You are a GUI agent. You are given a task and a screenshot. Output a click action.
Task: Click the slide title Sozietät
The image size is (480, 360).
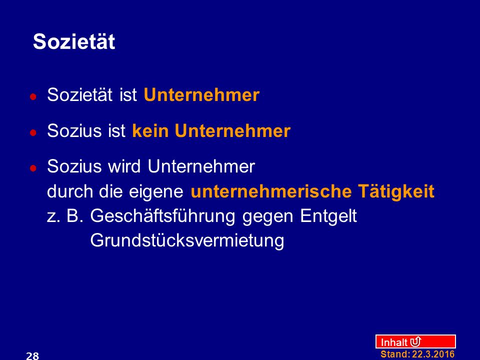pos(74,41)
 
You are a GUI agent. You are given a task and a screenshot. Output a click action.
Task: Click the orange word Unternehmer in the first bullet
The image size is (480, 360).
pos(201,95)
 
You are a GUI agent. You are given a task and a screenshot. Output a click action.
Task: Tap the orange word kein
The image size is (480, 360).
pos(150,130)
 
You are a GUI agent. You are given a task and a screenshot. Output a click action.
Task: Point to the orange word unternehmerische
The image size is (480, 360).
pos(270,191)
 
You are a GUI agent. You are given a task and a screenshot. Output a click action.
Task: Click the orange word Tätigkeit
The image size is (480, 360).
pos(396,191)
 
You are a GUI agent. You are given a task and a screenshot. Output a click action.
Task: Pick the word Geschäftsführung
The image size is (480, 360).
pos(162,216)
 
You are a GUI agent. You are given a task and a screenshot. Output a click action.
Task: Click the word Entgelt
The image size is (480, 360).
pos(328,216)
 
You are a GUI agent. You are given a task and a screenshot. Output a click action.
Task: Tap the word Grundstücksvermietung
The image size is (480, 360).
pos(187,240)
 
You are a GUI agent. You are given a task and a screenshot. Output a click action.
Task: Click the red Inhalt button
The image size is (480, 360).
pos(415,341)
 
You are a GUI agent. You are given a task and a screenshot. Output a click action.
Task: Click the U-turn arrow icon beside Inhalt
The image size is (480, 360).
pos(415,341)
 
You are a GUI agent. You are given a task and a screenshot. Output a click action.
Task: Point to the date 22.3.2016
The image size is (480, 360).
pos(433,354)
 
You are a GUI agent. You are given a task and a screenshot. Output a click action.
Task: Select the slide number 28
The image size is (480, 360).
pos(32,355)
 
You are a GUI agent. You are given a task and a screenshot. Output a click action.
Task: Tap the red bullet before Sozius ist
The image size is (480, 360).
pos(33,133)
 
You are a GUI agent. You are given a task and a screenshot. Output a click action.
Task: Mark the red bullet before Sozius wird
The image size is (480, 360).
pos(33,168)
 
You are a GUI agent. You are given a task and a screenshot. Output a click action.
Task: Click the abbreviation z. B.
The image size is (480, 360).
pos(65,216)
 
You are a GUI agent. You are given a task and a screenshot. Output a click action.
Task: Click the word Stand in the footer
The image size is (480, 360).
pos(395,354)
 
